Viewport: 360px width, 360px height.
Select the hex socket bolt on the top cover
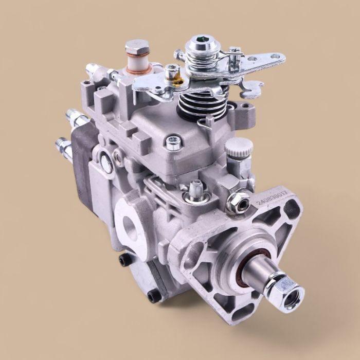click(x=173, y=141)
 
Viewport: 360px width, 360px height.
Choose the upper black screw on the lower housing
click(x=121, y=261)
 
